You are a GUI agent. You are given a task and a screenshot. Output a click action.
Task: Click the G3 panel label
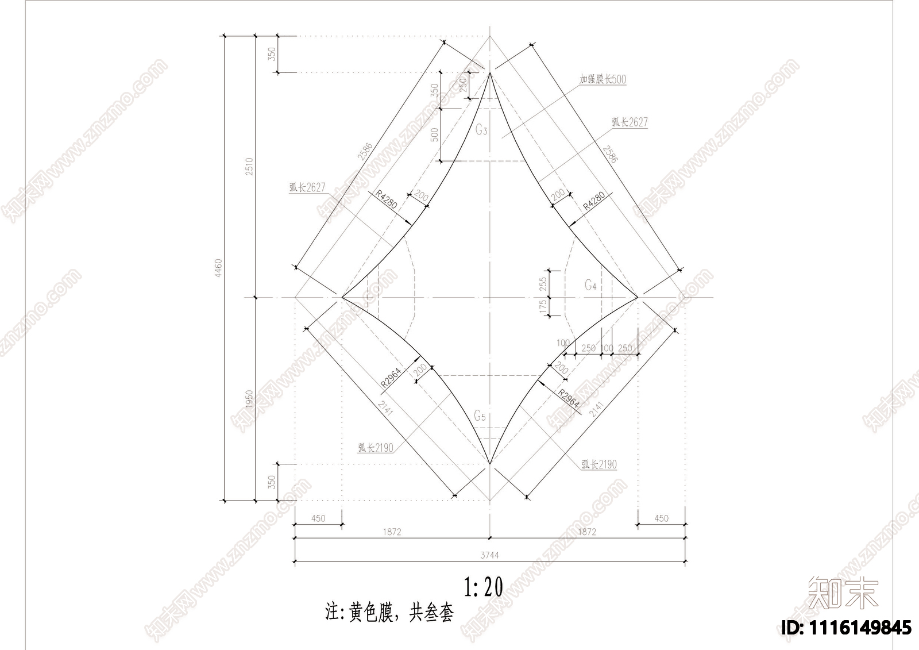pos(481,130)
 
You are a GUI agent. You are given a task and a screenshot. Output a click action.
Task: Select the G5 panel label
pos(480,416)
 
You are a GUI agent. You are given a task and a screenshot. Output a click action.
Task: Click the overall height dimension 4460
pos(218,268)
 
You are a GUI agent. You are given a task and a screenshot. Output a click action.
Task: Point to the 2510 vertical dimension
pos(249,167)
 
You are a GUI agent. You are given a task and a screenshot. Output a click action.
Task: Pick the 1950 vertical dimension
pos(249,399)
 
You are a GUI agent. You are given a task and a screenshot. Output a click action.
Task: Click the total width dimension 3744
pos(489,555)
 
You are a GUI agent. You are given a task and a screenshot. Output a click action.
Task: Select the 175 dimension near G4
pos(543,306)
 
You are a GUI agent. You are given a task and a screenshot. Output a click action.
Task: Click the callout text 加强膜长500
pos(603,79)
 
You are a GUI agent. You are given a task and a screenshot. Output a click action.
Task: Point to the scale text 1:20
pos(484,587)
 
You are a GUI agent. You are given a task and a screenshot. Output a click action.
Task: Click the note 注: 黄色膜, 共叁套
pos(389,613)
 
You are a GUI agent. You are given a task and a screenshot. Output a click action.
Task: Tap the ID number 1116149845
pos(847,628)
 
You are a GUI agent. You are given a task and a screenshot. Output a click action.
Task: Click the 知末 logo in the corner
pos(843,593)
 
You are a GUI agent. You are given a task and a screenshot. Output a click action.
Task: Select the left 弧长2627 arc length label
pos(307,187)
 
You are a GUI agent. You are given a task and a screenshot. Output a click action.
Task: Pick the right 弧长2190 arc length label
pos(599,464)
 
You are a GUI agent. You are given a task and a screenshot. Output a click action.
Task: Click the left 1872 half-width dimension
pos(391,532)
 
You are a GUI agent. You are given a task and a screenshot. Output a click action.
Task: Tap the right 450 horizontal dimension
pos(661,518)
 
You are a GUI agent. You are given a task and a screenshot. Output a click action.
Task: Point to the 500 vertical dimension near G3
pos(434,134)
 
